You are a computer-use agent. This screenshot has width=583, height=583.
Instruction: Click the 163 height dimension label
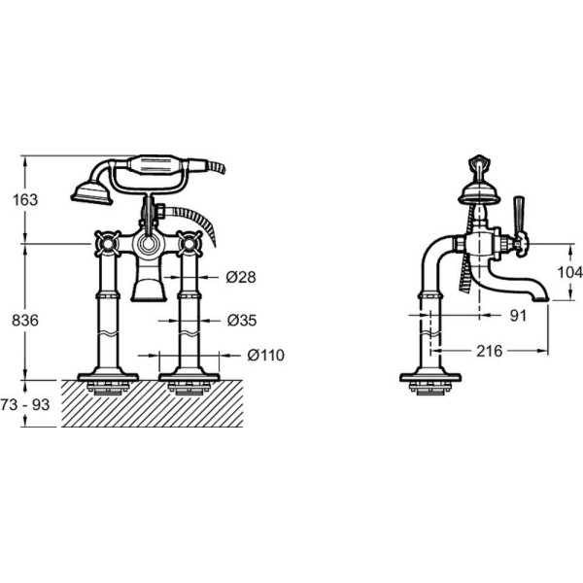pyautogui.click(x=25, y=200)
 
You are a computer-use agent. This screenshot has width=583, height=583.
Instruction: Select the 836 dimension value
pyautogui.click(x=25, y=320)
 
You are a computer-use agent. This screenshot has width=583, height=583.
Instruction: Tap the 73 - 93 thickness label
pyautogui.click(x=25, y=404)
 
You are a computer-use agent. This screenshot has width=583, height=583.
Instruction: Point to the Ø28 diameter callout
pyautogui.click(x=241, y=277)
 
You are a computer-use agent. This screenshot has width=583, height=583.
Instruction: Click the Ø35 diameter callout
pyautogui.click(x=242, y=320)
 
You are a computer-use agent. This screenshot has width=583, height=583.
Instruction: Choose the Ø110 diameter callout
pyautogui.click(x=266, y=355)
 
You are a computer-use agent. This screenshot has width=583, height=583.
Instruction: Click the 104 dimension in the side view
pyautogui.click(x=570, y=272)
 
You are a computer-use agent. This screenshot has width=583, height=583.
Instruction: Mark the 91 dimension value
pyautogui.click(x=518, y=316)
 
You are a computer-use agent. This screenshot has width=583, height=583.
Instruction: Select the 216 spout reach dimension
pyautogui.click(x=490, y=351)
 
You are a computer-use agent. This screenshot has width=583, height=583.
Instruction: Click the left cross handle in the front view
pyautogui.click(x=108, y=244)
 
